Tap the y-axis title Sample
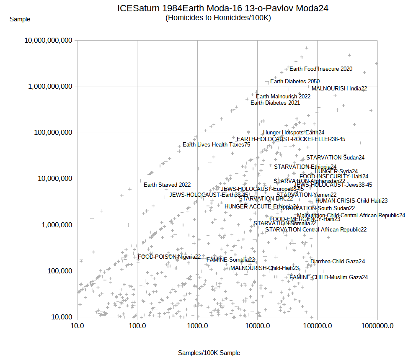pos(20,19)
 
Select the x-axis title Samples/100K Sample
pos(209,353)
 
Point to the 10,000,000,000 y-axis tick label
pos(49,41)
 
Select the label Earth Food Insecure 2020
pos(321,69)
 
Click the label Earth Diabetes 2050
pos(295,82)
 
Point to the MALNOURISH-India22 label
pos(339,89)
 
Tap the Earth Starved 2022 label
pos(167,185)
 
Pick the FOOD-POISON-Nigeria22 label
pos(169,257)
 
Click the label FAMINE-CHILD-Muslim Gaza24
pos(328,278)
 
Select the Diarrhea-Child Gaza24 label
pos(338,262)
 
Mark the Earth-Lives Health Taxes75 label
pos(217,145)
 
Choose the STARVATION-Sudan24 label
pos(335,158)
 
